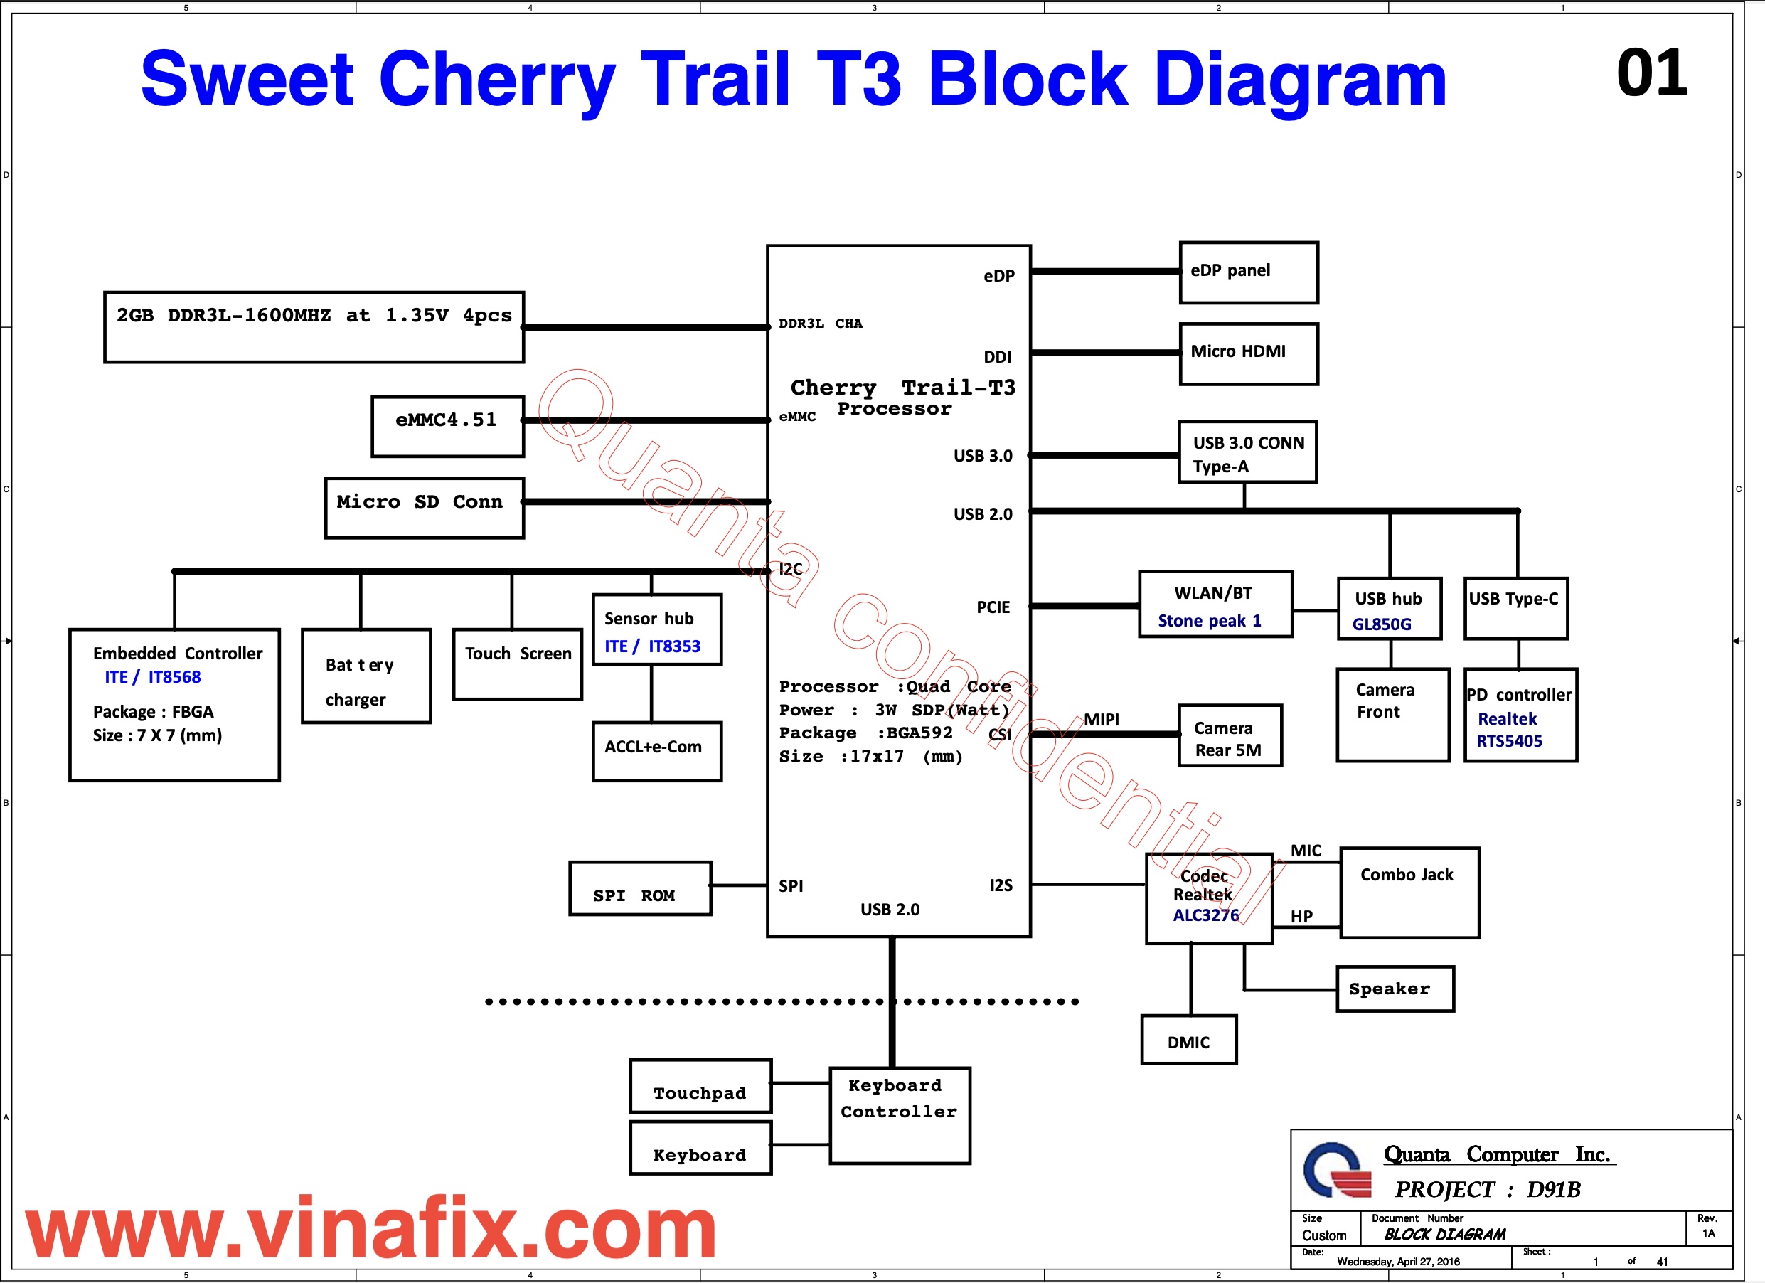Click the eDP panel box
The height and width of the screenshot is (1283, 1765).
tap(1248, 272)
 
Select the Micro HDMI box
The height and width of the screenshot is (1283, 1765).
tap(1248, 353)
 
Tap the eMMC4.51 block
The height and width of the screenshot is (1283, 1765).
tap(447, 426)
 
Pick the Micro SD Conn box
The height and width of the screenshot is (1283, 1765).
tap(424, 507)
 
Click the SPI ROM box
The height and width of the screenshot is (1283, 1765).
tap(640, 888)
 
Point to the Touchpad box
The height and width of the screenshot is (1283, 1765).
tap(700, 1086)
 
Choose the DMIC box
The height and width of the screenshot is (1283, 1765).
tap(1188, 1039)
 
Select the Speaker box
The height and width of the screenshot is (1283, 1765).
tap(1395, 989)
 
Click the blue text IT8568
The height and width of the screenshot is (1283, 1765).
tap(174, 677)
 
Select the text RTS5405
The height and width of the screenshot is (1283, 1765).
tap(1509, 741)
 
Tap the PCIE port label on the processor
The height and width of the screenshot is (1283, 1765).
tap(993, 607)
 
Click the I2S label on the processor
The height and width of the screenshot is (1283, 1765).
tap(1001, 885)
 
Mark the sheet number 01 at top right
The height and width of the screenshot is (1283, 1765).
tap(1651, 74)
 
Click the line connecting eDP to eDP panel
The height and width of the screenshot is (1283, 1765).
tap(1105, 272)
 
